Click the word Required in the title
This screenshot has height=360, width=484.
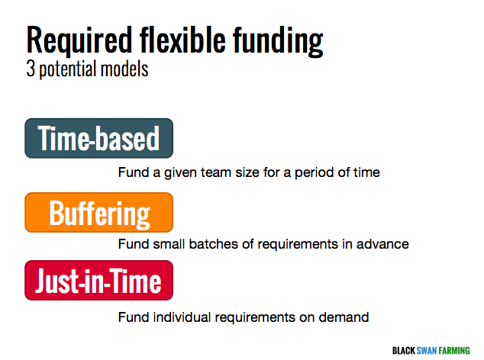pyautogui.click(x=79, y=41)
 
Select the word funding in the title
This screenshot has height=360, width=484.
pyautogui.click(x=278, y=41)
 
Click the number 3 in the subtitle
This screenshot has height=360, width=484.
pyautogui.click(x=31, y=69)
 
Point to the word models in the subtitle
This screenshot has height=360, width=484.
pyautogui.click(x=124, y=69)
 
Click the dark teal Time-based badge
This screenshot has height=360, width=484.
pyautogui.click(x=98, y=138)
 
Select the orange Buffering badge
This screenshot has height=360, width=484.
pyautogui.click(x=98, y=212)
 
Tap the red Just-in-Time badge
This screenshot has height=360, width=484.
pyautogui.click(x=98, y=280)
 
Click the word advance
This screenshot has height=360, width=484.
pyautogui.click(x=382, y=244)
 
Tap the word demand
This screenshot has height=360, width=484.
pyautogui.click(x=344, y=317)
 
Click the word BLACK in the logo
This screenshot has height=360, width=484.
pyautogui.click(x=404, y=351)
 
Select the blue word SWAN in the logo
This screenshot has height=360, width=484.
pyautogui.click(x=427, y=351)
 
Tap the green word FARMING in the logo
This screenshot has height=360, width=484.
pyautogui.click(x=454, y=351)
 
